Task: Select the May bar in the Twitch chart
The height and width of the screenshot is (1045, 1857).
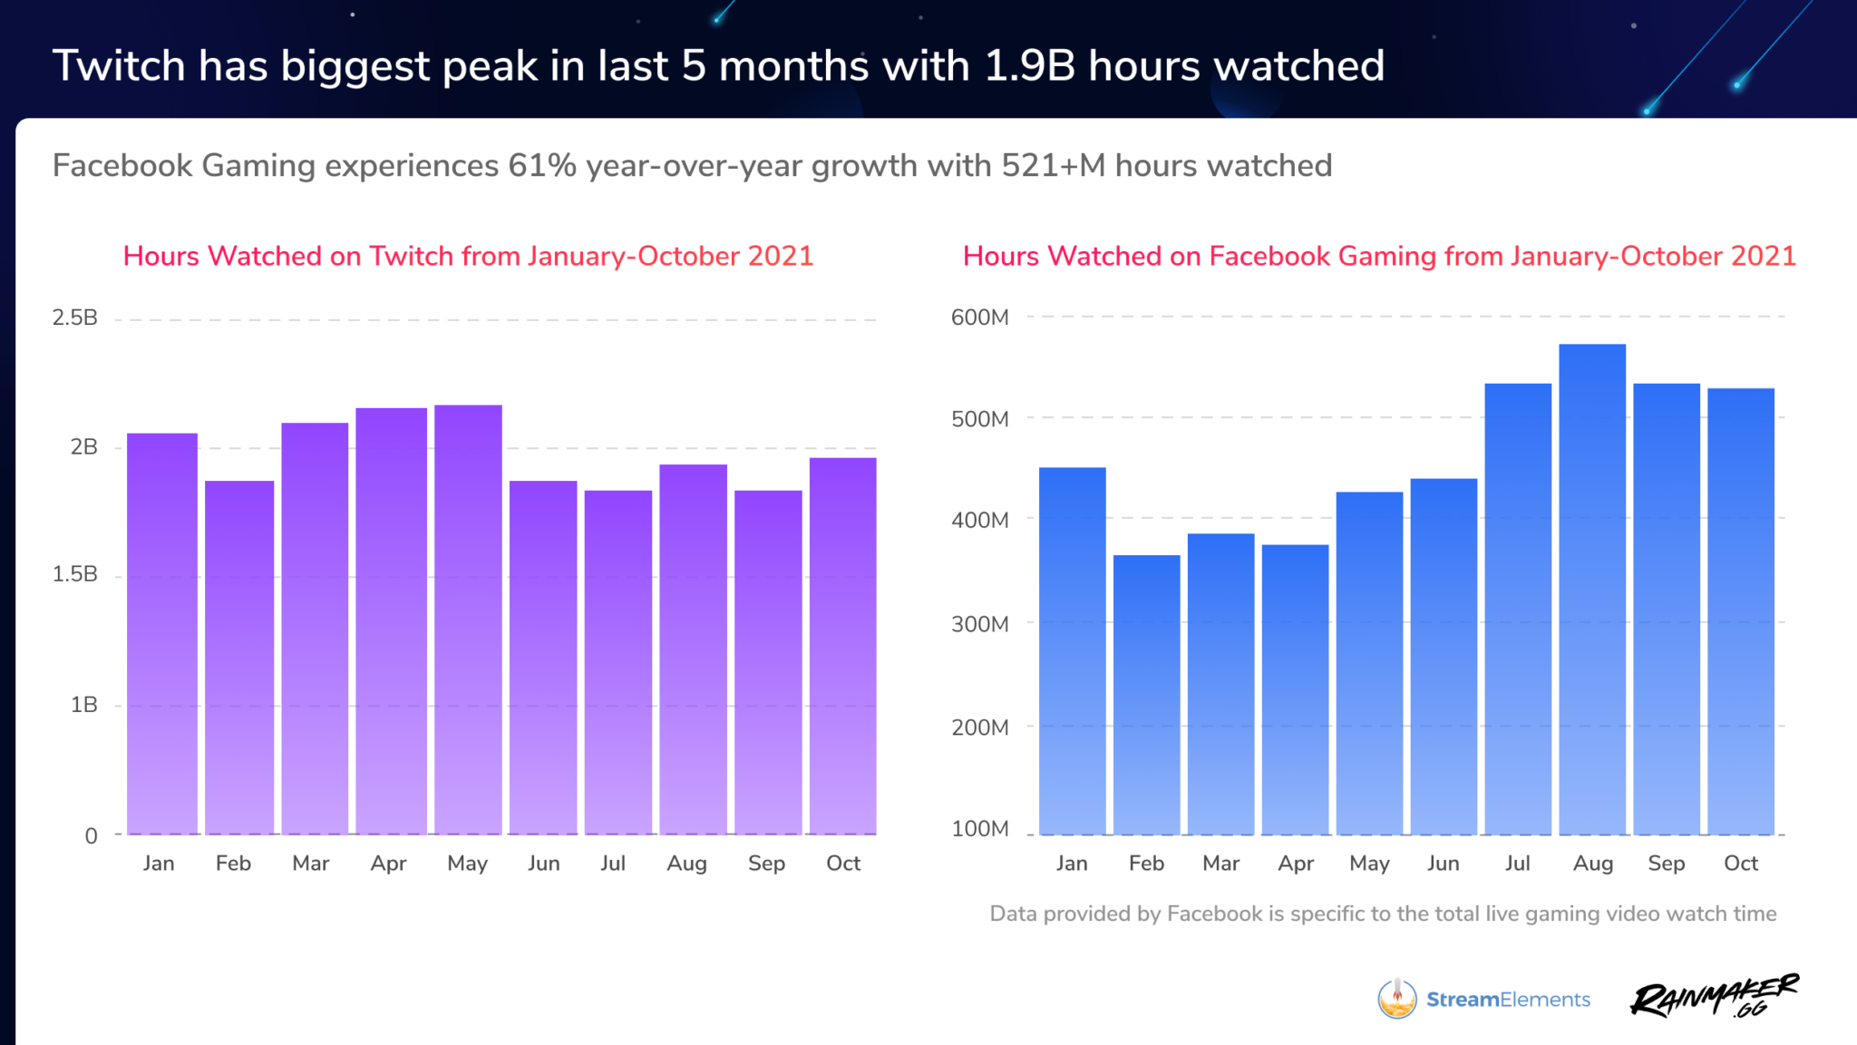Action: coord(468,620)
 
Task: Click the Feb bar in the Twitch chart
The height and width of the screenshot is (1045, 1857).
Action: coord(239,658)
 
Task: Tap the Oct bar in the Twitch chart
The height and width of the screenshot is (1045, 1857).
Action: coord(842,646)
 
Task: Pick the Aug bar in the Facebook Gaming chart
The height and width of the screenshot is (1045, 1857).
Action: coord(1592,590)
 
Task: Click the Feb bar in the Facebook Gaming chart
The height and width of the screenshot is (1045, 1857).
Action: coord(1146,695)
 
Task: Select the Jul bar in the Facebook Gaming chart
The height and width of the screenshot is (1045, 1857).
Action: coord(1518,609)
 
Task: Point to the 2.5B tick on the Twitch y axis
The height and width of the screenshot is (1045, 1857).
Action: coord(74,317)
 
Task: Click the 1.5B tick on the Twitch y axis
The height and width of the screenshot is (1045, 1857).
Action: coord(74,574)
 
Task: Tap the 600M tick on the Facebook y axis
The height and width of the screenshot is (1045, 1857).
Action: coord(979,317)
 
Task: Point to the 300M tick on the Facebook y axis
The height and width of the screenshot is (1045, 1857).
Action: coord(979,624)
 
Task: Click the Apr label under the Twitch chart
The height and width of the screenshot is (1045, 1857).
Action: coord(388,864)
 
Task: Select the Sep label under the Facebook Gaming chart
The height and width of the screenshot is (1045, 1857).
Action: coord(1667,864)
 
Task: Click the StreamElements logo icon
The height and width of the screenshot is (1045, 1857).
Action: coord(1397,999)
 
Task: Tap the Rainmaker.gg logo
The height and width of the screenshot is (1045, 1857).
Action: coord(1714,998)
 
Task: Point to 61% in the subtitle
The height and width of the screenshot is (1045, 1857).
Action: coord(541,166)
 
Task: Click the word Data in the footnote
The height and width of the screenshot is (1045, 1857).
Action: coord(1013,913)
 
